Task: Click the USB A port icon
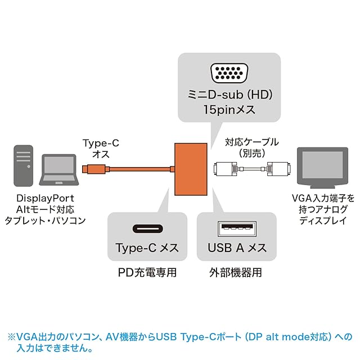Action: click(237, 228)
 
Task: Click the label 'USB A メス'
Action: click(237, 247)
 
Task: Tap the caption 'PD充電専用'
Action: click(147, 273)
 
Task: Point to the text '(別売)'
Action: click(251, 153)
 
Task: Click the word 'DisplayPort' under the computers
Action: click(44, 198)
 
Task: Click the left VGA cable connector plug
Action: click(226, 168)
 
